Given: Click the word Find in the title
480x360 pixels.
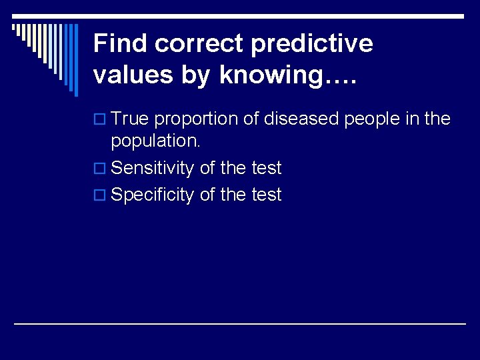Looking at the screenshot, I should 121,44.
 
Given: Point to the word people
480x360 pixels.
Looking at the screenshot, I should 373,119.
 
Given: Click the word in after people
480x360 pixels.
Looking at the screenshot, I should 413,119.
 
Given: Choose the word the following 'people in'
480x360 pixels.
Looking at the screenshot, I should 437,119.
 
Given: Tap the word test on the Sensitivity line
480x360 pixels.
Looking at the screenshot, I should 266,169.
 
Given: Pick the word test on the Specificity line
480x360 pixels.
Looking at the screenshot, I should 266,195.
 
